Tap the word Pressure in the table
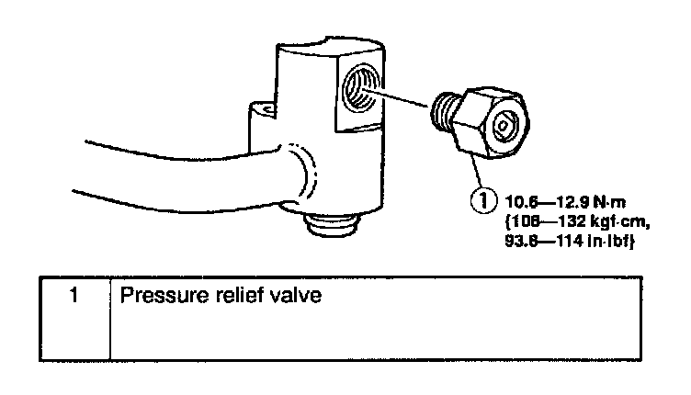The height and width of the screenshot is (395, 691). click(160, 298)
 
